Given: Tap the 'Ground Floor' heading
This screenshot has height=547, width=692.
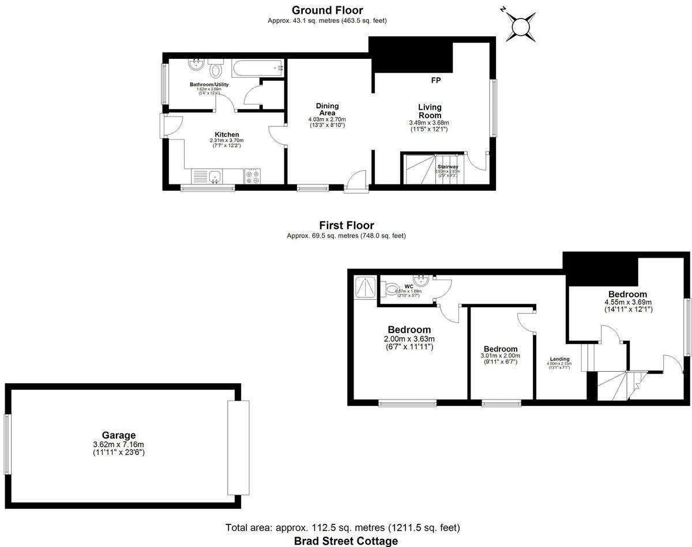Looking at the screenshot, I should [327, 10].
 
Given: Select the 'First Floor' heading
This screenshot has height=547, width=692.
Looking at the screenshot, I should [346, 225].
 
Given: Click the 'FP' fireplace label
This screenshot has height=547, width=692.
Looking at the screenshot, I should [436, 80].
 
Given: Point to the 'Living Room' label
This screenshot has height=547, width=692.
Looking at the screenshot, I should [430, 111].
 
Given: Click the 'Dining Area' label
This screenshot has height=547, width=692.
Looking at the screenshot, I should [327, 109].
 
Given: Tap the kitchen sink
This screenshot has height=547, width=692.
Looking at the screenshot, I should [214, 176].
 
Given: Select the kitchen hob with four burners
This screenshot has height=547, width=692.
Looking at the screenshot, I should [252, 176].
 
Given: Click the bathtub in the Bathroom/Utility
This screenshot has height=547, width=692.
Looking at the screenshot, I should [257, 68].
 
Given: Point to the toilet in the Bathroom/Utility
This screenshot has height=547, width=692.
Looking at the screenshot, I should [216, 70].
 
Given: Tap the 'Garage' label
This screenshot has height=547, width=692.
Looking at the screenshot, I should [119, 435].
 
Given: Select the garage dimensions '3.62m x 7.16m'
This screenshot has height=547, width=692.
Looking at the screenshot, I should [119, 444].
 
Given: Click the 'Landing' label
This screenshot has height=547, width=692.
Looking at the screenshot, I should [559, 359].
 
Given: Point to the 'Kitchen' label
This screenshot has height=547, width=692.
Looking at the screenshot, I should [227, 134].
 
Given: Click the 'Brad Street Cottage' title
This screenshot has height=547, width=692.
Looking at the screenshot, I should [346, 541].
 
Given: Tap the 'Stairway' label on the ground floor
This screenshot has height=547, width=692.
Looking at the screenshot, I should [447, 167].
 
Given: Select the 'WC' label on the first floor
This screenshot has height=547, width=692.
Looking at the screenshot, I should [409, 286].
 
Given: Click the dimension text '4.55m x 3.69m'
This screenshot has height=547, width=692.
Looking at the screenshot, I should [627, 302].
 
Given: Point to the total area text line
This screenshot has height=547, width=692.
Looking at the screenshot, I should [343, 527].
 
